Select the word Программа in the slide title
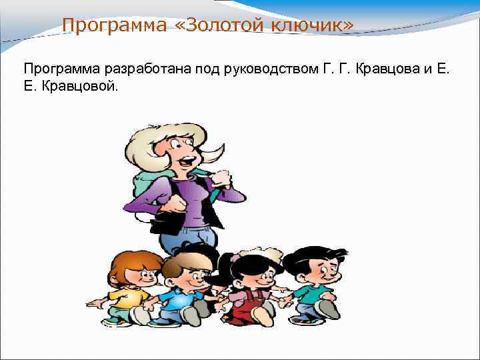(107, 25)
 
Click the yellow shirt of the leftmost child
(127, 297)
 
